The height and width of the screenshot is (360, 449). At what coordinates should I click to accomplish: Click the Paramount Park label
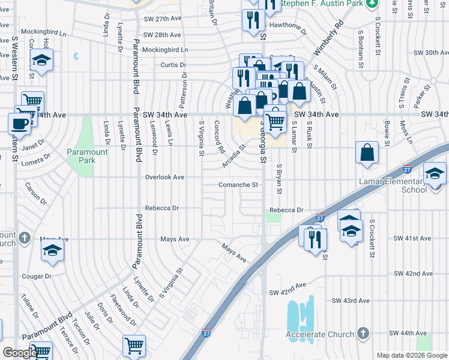[88, 156]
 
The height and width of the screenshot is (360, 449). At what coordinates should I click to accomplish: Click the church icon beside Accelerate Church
[362, 333]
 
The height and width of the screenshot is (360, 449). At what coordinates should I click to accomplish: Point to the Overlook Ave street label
[164, 178]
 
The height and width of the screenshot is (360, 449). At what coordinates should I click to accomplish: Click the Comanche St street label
[238, 185]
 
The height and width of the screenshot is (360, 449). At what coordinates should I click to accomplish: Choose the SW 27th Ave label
[163, 19]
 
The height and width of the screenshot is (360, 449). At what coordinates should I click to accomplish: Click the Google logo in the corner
[20, 353]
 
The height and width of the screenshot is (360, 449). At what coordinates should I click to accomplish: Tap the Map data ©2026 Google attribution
[411, 355]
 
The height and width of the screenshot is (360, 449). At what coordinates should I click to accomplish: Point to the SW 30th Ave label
[428, 53]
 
